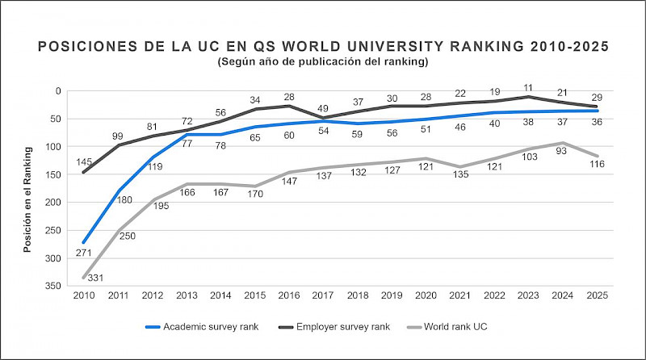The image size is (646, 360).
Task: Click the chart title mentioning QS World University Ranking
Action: coord(323,47)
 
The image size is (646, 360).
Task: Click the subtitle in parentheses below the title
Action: coord(323,61)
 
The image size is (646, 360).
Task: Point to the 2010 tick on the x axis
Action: coord(84,296)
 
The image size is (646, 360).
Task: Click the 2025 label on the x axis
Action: coord(596,296)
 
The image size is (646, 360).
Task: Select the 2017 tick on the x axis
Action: coord(323,296)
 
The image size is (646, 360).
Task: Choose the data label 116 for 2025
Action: coord(598,165)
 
